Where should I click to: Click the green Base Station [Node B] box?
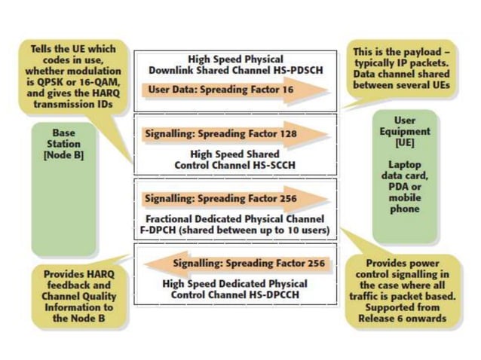[64, 188]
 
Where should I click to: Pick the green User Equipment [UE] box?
[405, 176]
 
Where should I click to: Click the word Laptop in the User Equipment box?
[406, 164]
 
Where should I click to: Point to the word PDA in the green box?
[400, 187]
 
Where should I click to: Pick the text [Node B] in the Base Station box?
[64, 155]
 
